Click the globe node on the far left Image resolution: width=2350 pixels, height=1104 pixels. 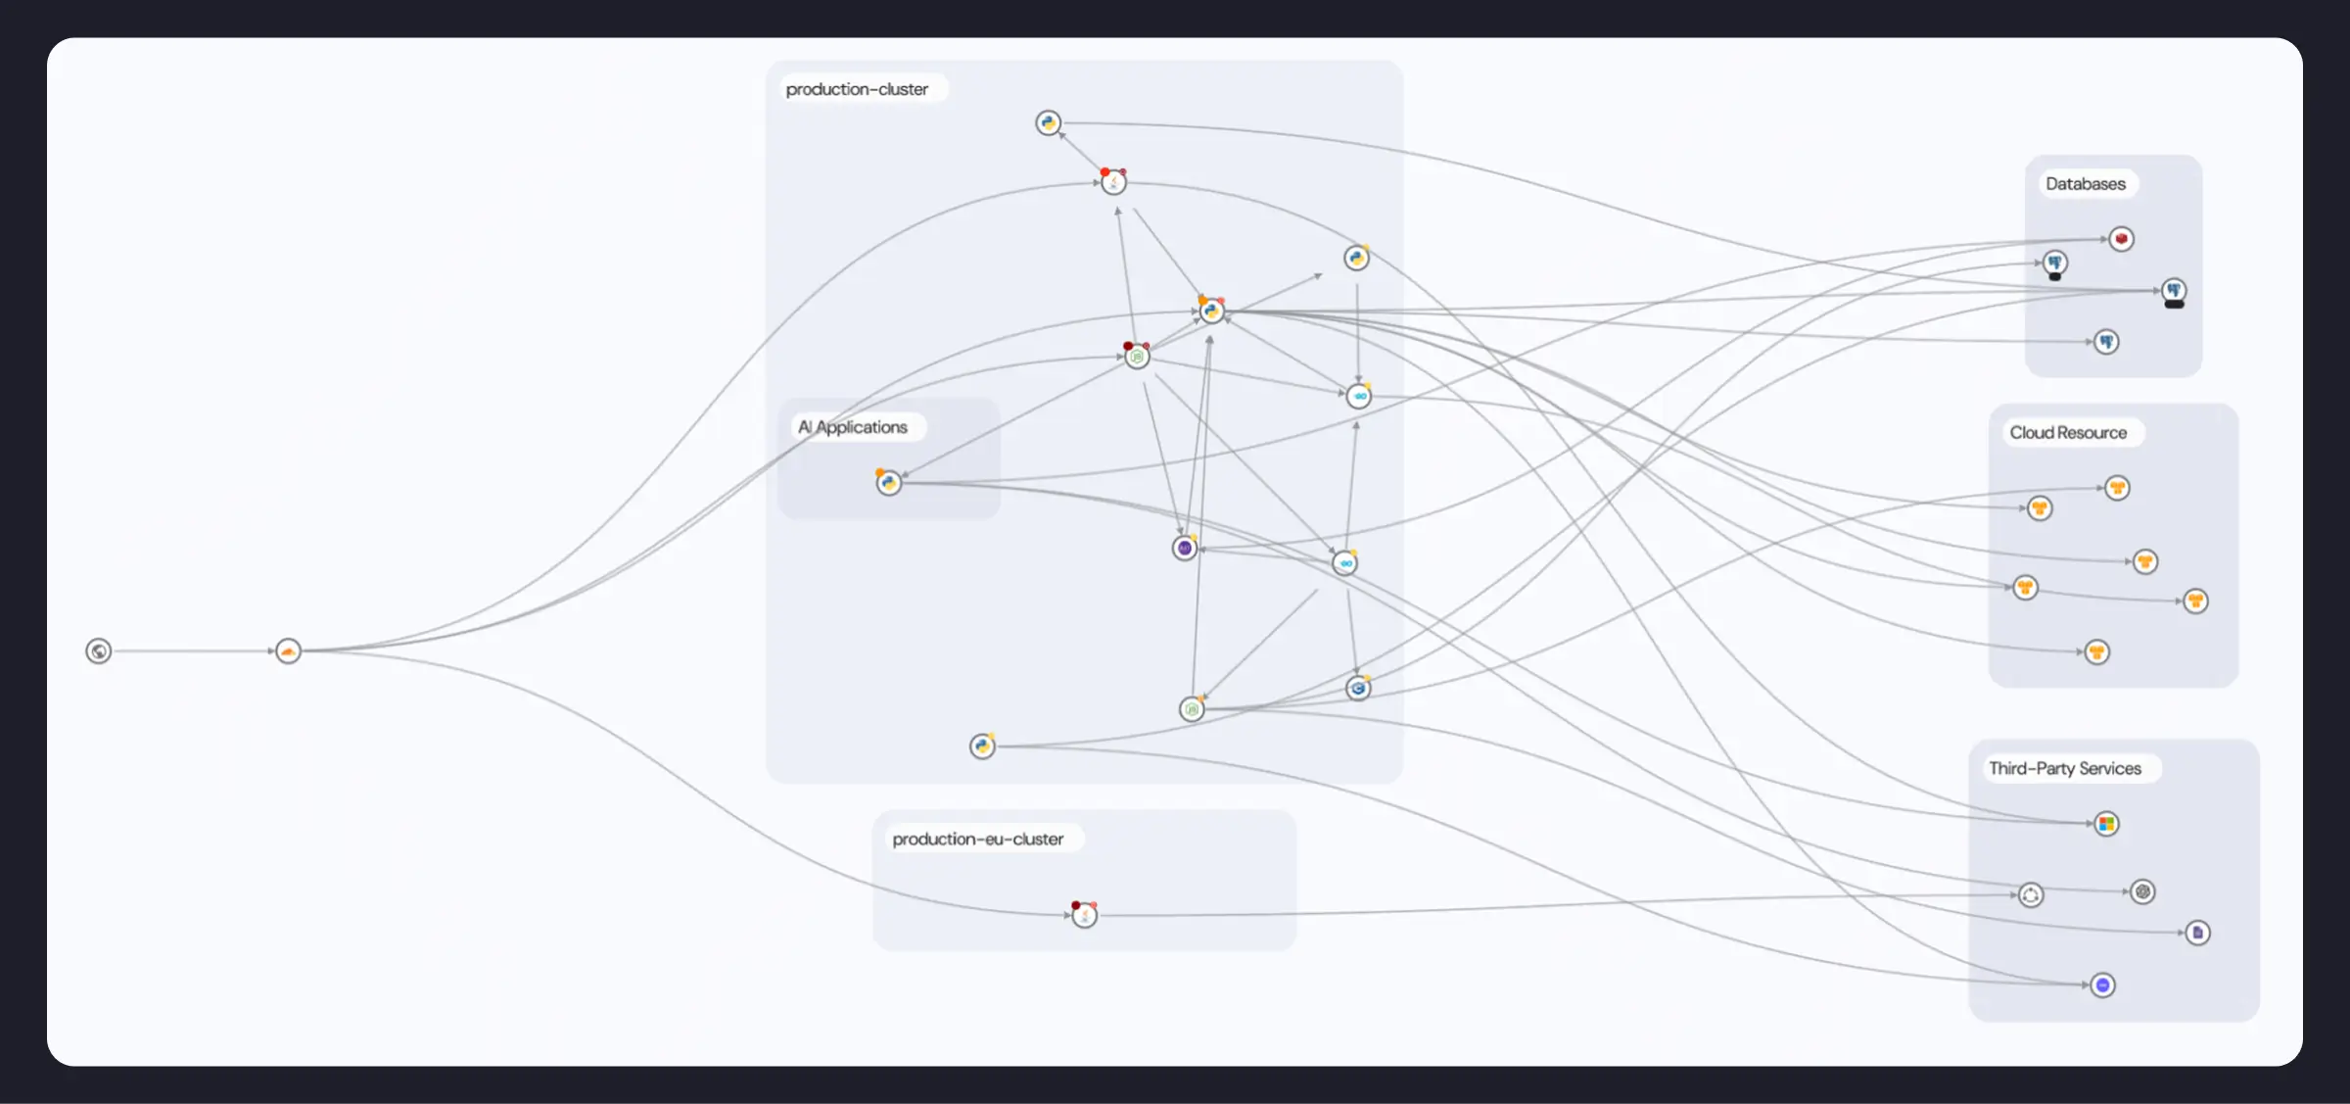(98, 651)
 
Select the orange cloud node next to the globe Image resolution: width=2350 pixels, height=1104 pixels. (288, 651)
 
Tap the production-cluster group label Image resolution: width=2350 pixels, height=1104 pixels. (857, 89)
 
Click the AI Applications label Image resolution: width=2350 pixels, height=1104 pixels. (853, 427)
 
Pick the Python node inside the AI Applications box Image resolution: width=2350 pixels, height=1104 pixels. (889, 483)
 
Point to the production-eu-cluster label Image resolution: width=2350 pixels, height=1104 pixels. (977, 840)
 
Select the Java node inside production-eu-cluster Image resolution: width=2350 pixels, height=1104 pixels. (1084, 915)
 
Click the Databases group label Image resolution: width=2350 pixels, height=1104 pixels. (2085, 184)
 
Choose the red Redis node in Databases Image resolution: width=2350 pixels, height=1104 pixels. (2121, 239)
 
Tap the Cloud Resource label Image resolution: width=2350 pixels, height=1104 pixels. (2068, 433)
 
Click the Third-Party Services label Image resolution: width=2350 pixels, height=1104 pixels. (2064, 769)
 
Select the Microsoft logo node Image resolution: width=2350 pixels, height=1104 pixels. (2107, 824)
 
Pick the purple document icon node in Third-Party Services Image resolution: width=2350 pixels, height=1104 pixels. (2197, 933)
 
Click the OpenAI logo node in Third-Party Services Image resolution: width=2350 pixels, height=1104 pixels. (2142, 891)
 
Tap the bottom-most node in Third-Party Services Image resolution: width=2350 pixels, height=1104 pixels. (2102, 984)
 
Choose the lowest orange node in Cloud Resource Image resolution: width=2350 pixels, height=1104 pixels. (2096, 652)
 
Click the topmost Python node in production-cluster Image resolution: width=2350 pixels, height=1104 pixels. (1049, 123)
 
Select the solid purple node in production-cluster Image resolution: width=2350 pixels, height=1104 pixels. (1185, 549)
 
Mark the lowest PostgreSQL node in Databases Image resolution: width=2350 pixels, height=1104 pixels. (2106, 342)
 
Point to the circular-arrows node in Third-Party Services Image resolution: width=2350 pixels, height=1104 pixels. (2031, 895)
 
